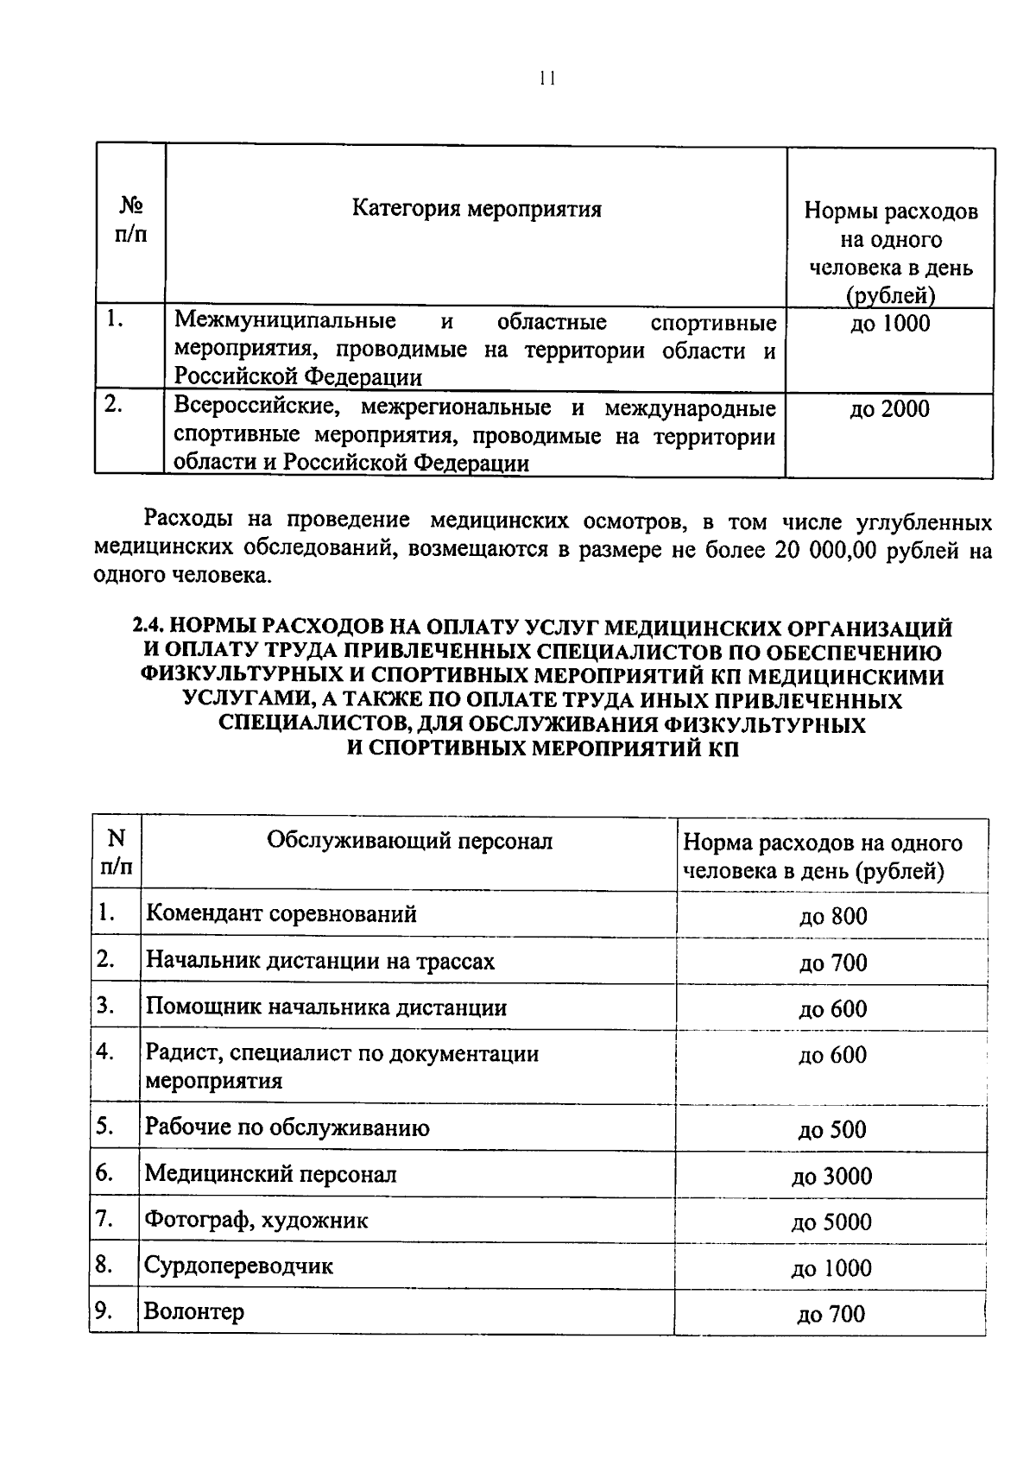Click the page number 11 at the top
tap(545, 79)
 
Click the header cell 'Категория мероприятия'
tap(477, 209)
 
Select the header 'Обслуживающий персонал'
tap(409, 841)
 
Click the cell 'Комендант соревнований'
tap(281, 913)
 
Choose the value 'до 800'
tap(832, 917)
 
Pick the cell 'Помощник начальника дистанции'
tap(325, 1007)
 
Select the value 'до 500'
tap(832, 1130)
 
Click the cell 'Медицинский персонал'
tap(270, 1174)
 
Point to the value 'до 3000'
tap(832, 1177)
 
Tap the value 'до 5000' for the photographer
tap(832, 1222)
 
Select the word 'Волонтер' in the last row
tap(194, 1312)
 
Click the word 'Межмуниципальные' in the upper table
tap(285, 322)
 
